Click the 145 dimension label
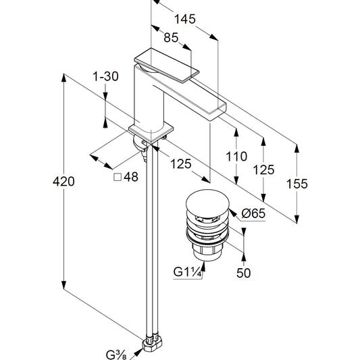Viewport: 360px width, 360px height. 185,19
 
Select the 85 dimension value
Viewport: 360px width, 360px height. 171,37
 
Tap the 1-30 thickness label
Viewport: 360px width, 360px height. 105,76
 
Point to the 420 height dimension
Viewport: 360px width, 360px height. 63,182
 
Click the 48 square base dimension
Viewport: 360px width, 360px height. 131,177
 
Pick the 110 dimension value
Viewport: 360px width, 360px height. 236,157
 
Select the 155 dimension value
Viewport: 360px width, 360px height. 297,184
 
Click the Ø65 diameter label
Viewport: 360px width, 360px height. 253,213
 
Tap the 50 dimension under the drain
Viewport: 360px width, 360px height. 243,273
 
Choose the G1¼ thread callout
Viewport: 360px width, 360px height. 187,272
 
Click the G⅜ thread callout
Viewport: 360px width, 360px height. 116,355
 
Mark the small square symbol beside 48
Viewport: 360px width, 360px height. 118,177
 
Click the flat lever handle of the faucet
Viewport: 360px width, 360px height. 167,65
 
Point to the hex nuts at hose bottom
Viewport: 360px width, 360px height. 152,344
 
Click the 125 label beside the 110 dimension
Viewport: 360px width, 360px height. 263,170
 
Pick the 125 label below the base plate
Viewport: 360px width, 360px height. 181,164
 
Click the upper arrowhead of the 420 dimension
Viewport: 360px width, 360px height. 63,78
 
